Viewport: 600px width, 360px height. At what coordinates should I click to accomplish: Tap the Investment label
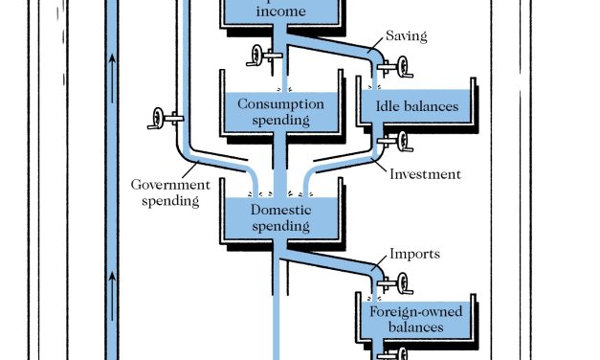point(426,174)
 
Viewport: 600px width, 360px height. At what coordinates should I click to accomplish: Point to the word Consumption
point(281,103)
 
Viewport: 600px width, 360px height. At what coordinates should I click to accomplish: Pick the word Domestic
point(282,210)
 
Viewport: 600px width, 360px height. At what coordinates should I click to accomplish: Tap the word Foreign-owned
point(416,311)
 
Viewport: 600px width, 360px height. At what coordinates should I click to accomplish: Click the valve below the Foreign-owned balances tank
point(393,354)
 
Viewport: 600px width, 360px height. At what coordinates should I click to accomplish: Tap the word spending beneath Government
point(169,201)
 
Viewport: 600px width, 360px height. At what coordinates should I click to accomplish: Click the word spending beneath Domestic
point(281,226)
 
